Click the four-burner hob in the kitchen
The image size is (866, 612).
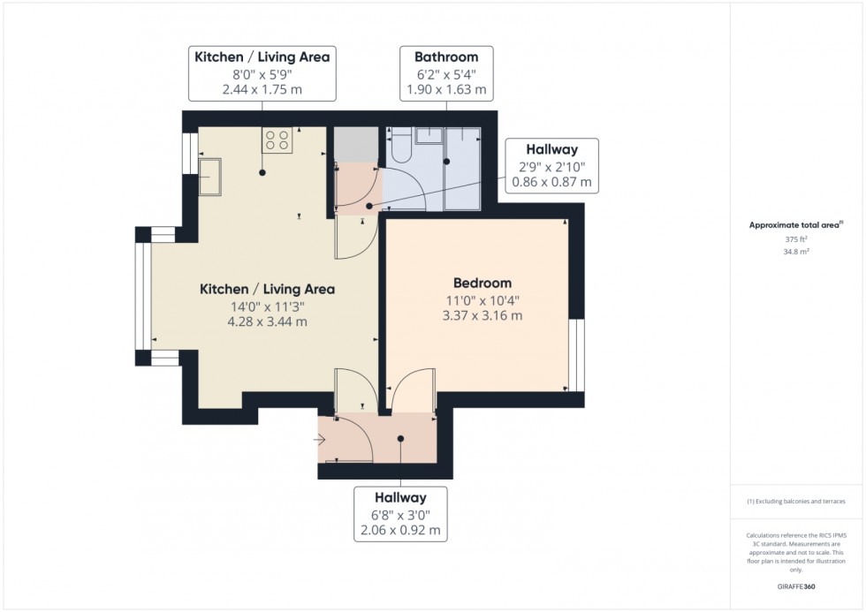(277, 139)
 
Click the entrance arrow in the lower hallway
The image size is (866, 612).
(319, 438)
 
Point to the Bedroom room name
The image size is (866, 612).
(482, 283)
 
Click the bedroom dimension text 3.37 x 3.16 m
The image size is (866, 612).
(482, 315)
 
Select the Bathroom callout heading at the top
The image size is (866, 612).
(445, 57)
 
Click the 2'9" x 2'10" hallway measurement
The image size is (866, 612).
(551, 167)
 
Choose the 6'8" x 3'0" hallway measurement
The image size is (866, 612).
(401, 515)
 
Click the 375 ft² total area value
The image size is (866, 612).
(779, 239)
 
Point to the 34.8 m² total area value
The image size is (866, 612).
(779, 252)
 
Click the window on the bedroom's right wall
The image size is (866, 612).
(575, 355)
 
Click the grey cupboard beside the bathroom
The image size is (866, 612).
(354, 144)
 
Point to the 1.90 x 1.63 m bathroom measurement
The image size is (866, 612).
(445, 90)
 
